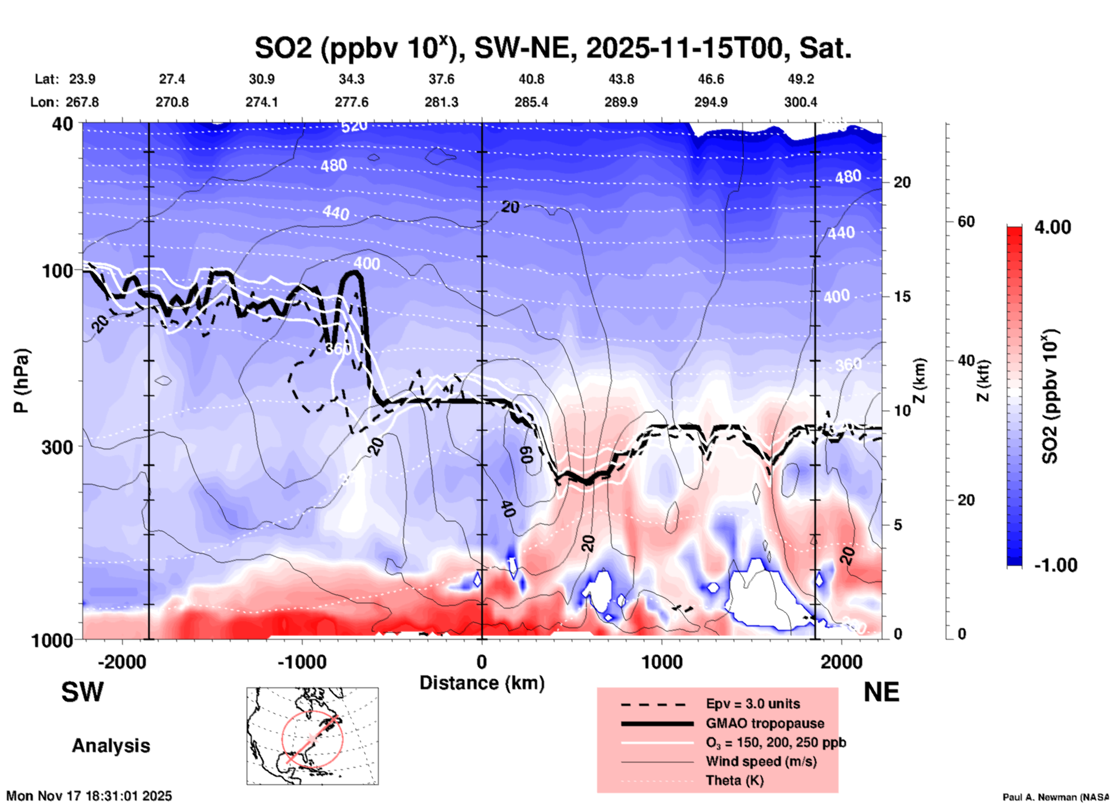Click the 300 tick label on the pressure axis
click(57, 446)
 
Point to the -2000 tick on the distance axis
click(122, 662)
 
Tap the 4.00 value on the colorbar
click(1052, 227)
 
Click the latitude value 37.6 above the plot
click(441, 79)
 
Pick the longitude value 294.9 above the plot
click(711, 102)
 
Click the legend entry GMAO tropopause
click(765, 723)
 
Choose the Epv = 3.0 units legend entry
click(753, 704)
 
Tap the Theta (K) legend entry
click(734, 780)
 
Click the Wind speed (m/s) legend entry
click(761, 761)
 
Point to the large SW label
click(82, 692)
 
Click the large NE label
click(881, 692)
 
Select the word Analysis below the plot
click(111, 746)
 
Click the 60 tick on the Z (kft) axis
click(966, 221)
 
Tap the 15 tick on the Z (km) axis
click(902, 296)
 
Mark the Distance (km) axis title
click(482, 683)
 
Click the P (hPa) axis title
click(21, 381)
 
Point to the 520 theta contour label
click(354, 126)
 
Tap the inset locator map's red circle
click(312, 739)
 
